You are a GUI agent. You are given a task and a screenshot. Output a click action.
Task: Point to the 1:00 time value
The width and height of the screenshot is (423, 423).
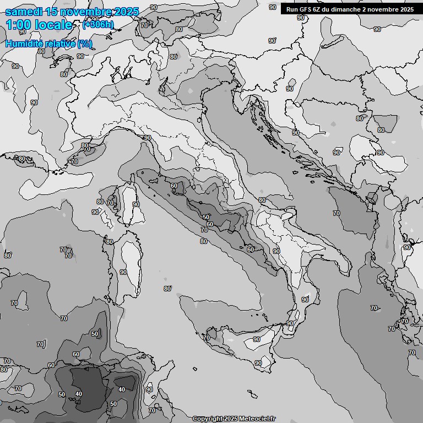tap(19, 25)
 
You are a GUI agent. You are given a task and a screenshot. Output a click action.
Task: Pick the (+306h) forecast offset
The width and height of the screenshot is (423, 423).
tap(98, 24)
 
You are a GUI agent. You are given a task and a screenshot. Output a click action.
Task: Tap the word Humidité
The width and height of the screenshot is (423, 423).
tap(24, 44)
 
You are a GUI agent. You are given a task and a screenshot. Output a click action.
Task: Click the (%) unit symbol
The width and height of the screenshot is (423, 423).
tap(85, 44)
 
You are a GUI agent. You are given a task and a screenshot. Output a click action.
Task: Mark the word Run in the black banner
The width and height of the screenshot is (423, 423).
tap(291, 9)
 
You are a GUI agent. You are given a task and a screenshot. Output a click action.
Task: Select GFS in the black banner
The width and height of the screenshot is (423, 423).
tap(305, 9)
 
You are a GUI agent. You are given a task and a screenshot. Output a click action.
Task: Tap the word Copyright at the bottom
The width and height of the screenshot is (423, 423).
tap(207, 419)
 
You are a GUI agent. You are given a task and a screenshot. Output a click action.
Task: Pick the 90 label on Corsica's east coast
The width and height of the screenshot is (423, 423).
tap(136, 204)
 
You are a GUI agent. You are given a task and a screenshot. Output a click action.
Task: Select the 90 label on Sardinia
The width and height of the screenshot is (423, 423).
tap(123, 272)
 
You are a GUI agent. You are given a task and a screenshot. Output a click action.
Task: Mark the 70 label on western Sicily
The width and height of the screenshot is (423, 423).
tap(207, 338)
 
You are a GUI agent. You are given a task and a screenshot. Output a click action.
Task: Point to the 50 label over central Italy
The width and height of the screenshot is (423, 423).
tap(206, 217)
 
